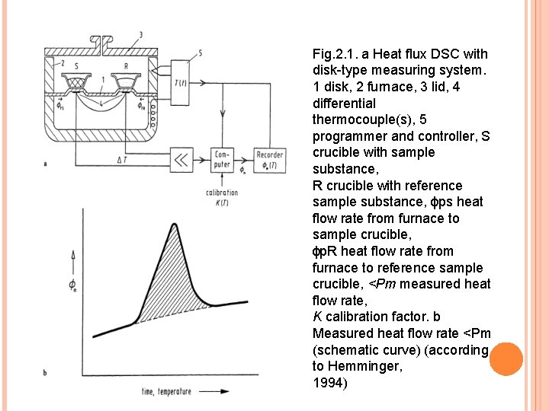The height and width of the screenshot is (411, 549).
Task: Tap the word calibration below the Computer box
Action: coord(223,193)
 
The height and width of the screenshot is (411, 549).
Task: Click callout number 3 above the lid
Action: coord(140,35)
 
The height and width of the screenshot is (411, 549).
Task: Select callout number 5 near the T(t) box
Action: coord(200,53)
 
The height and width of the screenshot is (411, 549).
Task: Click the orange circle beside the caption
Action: coord(506,358)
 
